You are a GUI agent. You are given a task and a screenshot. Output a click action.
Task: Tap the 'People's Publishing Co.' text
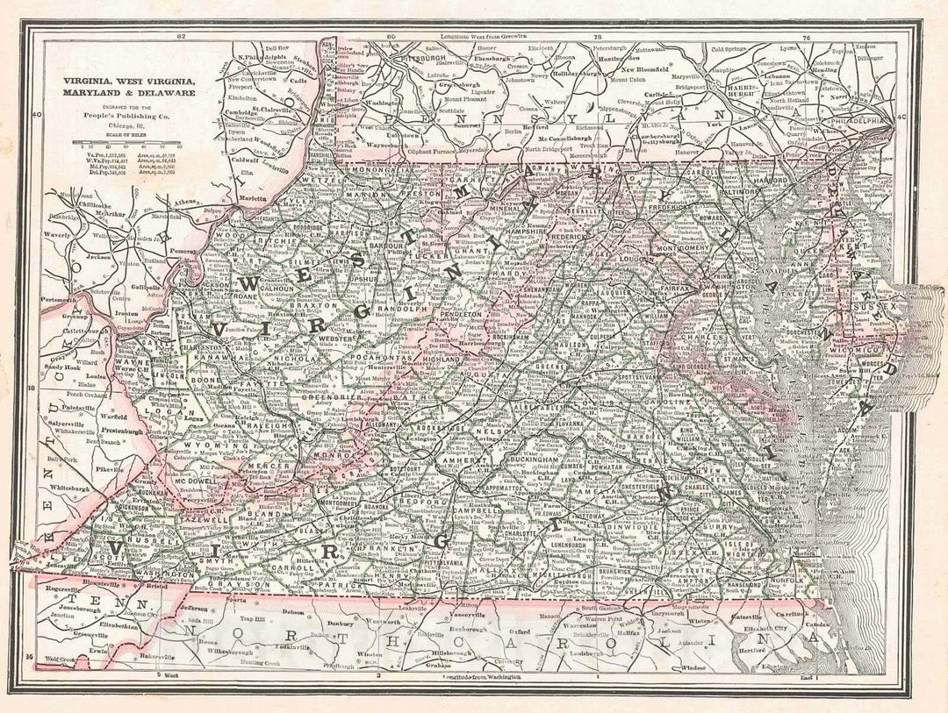click(127, 115)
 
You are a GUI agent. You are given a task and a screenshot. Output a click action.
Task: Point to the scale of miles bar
click(127, 141)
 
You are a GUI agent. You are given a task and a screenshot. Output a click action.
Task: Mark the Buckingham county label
click(516, 459)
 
